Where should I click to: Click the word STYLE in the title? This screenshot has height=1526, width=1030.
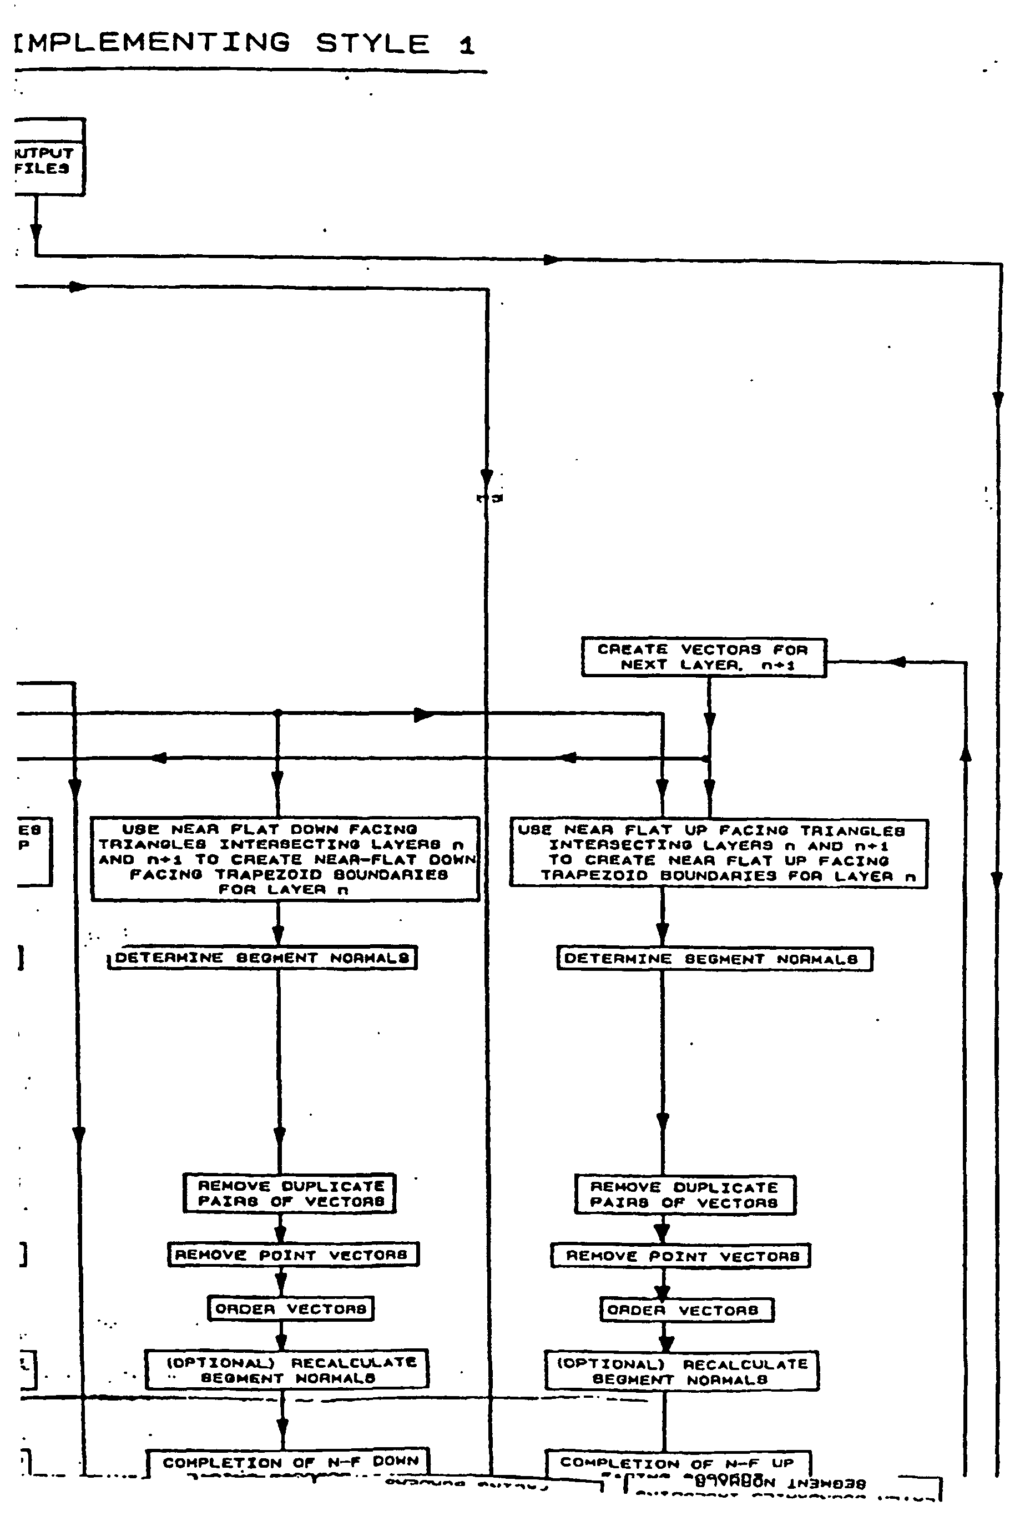coord(372,44)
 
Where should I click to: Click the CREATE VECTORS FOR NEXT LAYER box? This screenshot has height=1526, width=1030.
coord(703,657)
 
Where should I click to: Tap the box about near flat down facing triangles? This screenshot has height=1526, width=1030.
coord(285,859)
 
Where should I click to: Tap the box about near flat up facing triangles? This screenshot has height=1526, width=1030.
coord(718,854)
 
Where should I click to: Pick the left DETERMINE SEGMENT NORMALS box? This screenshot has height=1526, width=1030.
coord(262,958)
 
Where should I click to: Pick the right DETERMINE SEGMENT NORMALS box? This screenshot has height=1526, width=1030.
coord(714,959)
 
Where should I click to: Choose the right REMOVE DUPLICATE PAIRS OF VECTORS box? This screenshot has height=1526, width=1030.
coord(685,1195)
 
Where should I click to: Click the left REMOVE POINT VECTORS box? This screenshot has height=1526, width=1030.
coord(293,1255)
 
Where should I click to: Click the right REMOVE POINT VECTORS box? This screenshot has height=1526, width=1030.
coord(680,1256)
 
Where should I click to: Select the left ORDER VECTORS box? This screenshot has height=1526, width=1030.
coord(290,1308)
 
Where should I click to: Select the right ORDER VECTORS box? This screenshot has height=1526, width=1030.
coord(686,1311)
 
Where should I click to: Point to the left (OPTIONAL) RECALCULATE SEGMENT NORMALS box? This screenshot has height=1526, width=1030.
coord(286,1369)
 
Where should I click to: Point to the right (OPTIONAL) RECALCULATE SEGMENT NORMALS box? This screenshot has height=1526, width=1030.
coord(681,1371)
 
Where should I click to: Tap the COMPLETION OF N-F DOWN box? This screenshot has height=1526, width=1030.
coord(287,1463)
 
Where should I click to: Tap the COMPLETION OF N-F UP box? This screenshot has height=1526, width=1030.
coord(678,1464)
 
